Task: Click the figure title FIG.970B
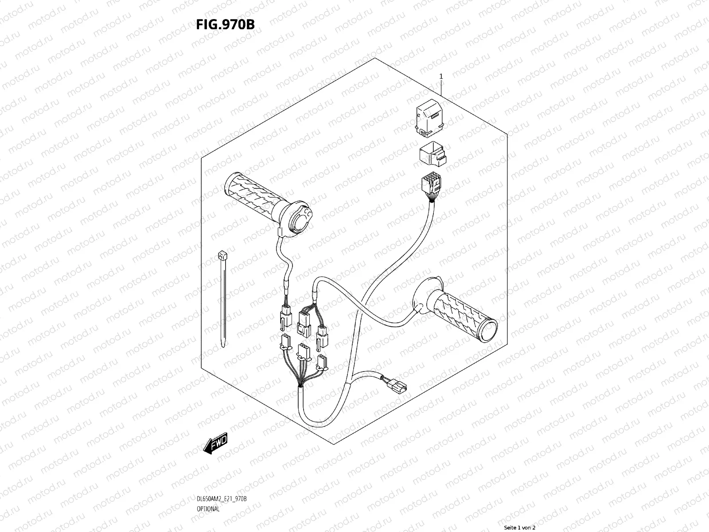point(225,24)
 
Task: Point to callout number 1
point(441,76)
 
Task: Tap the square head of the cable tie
point(221,255)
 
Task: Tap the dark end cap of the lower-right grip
point(492,332)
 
